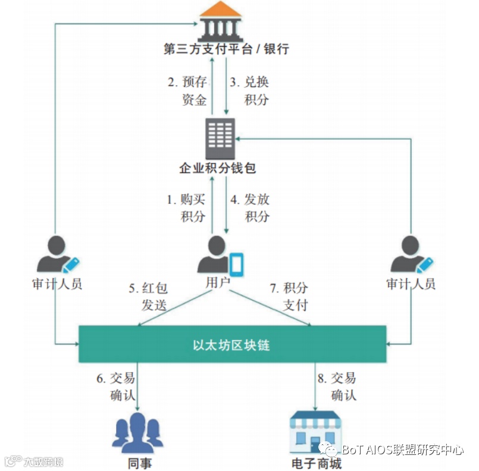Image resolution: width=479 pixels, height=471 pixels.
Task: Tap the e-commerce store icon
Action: tap(315, 429)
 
